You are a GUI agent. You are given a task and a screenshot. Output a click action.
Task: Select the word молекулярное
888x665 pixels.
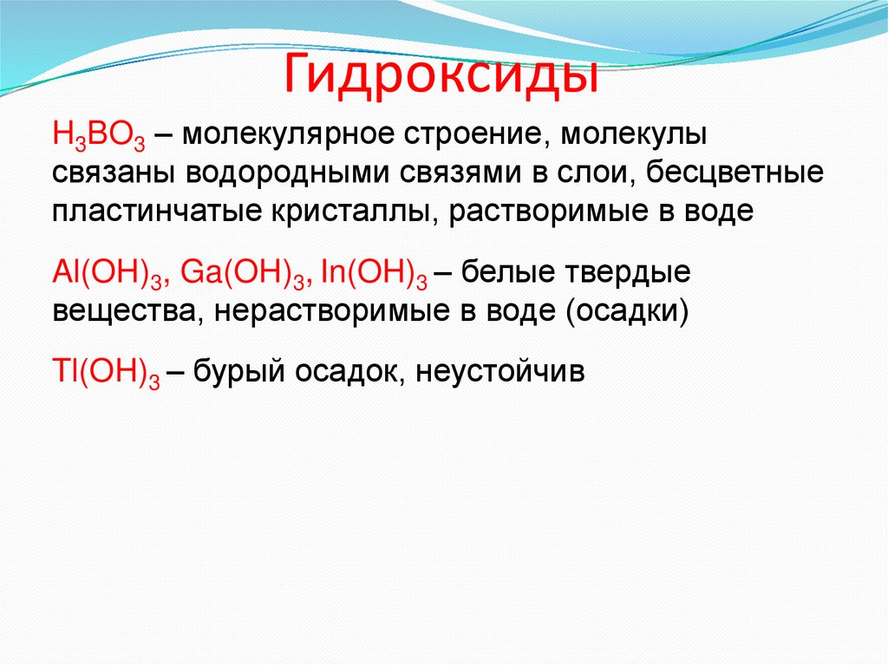coord(284,137)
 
